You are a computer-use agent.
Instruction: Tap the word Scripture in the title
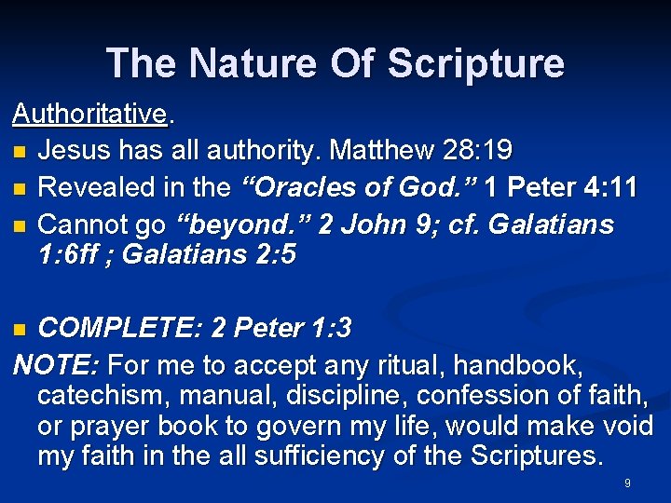(x=475, y=62)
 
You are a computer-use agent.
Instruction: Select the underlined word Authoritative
(x=89, y=114)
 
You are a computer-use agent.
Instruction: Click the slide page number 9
(x=627, y=483)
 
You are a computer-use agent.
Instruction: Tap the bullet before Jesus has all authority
(x=20, y=151)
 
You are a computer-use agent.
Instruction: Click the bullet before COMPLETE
(x=20, y=329)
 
